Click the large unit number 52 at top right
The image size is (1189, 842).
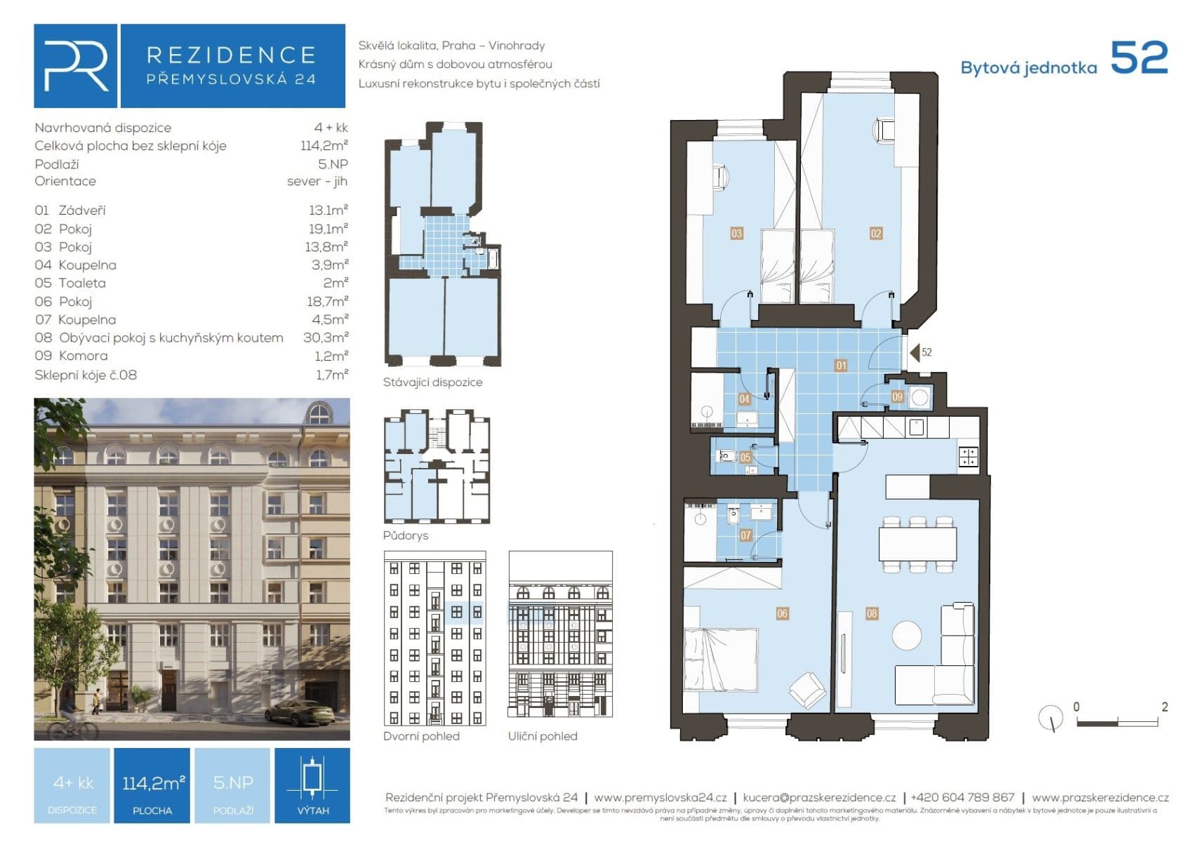click(x=1138, y=58)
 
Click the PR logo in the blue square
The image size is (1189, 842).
click(x=76, y=66)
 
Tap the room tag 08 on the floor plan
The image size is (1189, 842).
click(x=872, y=613)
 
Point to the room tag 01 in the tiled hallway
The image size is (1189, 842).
click(x=841, y=365)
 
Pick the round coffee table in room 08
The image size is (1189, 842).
click(x=907, y=635)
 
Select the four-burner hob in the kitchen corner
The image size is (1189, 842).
click(x=969, y=457)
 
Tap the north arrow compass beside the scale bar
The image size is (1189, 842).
click(x=1051, y=717)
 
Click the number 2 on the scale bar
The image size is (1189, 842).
click(x=1164, y=707)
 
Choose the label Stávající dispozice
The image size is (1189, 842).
click(x=432, y=382)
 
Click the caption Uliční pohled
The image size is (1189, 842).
click(x=543, y=736)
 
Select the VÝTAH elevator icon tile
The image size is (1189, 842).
click(x=312, y=785)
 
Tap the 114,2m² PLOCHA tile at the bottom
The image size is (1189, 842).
click(x=152, y=785)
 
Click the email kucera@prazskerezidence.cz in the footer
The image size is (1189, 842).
click(x=819, y=798)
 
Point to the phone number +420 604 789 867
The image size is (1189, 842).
click(x=962, y=798)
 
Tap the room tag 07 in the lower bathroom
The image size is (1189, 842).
click(x=745, y=535)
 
